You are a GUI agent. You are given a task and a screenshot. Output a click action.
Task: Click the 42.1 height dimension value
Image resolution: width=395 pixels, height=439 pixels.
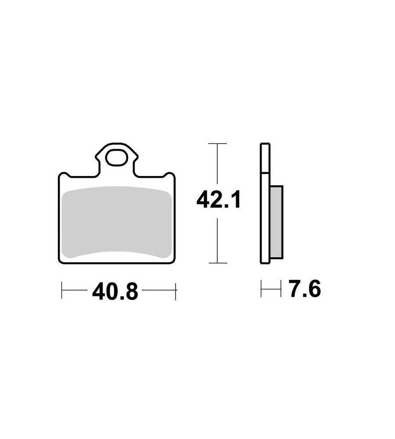(x=219, y=200)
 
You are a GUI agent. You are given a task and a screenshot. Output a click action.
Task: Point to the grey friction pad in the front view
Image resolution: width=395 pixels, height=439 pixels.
(x=116, y=222)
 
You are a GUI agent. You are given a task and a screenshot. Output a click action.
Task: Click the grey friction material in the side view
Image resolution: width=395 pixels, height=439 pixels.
(x=276, y=222)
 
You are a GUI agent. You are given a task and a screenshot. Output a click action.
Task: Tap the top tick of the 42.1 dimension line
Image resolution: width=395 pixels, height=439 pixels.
(x=218, y=144)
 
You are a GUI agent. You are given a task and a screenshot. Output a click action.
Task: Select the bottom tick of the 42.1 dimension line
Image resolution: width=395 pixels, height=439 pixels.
(x=218, y=263)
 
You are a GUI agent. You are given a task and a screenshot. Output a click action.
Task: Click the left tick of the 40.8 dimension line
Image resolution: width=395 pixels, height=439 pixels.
(x=61, y=290)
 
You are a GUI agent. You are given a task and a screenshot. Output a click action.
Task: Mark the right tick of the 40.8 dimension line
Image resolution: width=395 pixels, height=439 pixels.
(x=176, y=291)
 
